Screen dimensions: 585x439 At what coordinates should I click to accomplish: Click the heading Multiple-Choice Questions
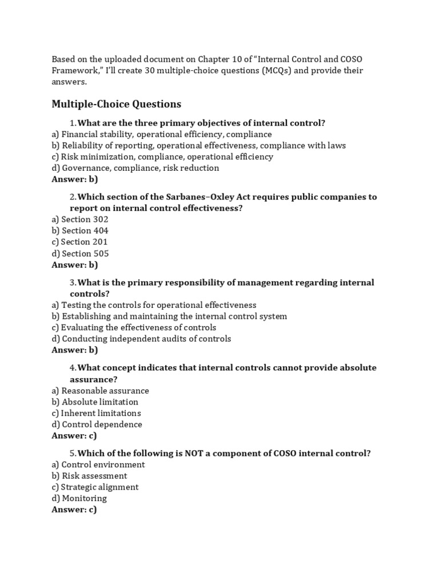[116, 104]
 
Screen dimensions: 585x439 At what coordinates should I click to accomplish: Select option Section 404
[80, 231]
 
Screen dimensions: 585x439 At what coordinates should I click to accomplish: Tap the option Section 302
[80, 219]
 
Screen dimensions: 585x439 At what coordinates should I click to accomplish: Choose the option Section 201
[79, 242]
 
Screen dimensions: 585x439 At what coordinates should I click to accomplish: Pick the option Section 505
[80, 254]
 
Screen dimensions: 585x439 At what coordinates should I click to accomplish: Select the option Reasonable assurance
[100, 391]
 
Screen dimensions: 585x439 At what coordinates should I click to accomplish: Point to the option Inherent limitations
[96, 413]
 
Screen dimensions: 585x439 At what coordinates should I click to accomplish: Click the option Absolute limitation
[95, 402]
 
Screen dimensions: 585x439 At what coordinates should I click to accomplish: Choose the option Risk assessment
[89, 476]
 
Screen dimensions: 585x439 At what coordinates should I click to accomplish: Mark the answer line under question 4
[74, 436]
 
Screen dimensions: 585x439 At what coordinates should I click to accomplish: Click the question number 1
[73, 123]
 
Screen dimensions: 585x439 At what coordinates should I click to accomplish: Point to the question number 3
[73, 283]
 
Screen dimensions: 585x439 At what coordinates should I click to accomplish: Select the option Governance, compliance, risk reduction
[135, 168]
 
